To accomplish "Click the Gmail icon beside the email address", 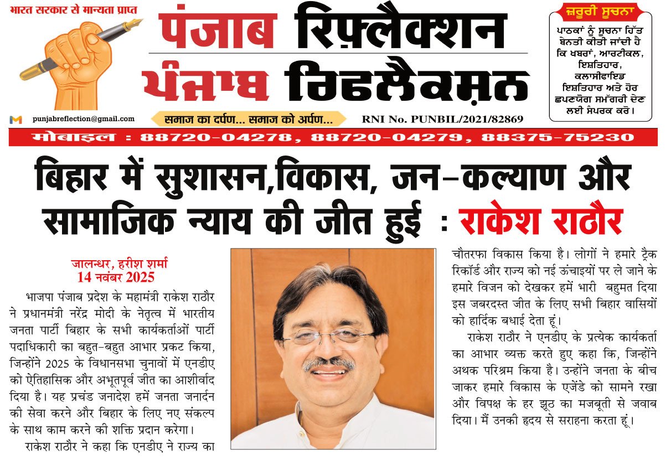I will point(16,120).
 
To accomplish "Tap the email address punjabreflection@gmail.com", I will point(83,118).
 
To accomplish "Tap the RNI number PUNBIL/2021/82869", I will point(442,119).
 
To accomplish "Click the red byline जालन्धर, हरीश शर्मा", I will point(116,265).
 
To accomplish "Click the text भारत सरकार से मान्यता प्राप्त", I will point(74,11).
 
